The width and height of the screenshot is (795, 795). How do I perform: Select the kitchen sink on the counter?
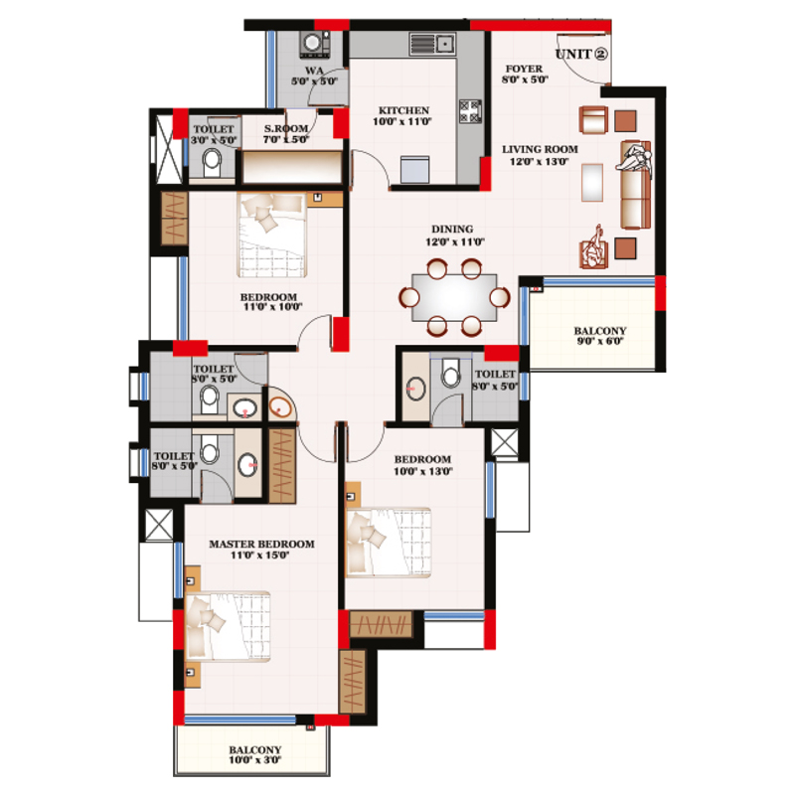tap(431, 43)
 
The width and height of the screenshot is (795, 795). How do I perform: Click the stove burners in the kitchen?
tap(470, 111)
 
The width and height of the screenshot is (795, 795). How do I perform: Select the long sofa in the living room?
tap(632, 184)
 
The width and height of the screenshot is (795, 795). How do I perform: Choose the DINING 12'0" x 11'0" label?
tap(452, 235)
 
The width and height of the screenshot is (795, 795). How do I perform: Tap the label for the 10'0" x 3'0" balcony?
tap(254, 756)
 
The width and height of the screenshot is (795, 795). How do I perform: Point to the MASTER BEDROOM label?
tap(261, 551)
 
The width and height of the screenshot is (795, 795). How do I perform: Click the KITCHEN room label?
tap(402, 116)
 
